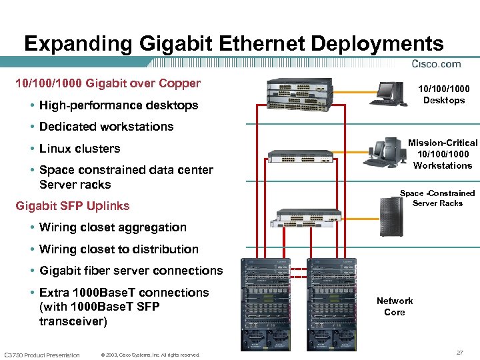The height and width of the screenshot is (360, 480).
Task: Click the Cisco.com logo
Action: coord(437,64)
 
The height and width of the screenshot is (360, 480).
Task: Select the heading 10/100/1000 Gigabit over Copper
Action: coord(108,83)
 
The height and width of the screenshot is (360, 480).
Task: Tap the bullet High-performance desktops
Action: coord(119,105)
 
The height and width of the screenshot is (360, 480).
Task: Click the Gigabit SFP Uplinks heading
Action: coord(73,206)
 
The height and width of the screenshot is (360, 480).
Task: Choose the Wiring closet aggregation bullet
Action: coord(113,227)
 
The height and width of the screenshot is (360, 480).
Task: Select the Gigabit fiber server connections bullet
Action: coord(131,271)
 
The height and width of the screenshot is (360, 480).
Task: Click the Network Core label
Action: coord(395,307)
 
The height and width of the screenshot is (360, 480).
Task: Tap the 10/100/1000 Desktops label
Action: coord(443,95)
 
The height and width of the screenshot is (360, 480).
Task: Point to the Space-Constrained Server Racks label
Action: coord(437,198)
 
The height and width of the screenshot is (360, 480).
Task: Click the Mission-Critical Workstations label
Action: coord(443,154)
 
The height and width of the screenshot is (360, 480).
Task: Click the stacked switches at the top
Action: coord(301,93)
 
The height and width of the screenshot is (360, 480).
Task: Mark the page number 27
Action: coord(460,351)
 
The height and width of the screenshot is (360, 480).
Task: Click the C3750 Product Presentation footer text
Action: coord(42,355)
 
